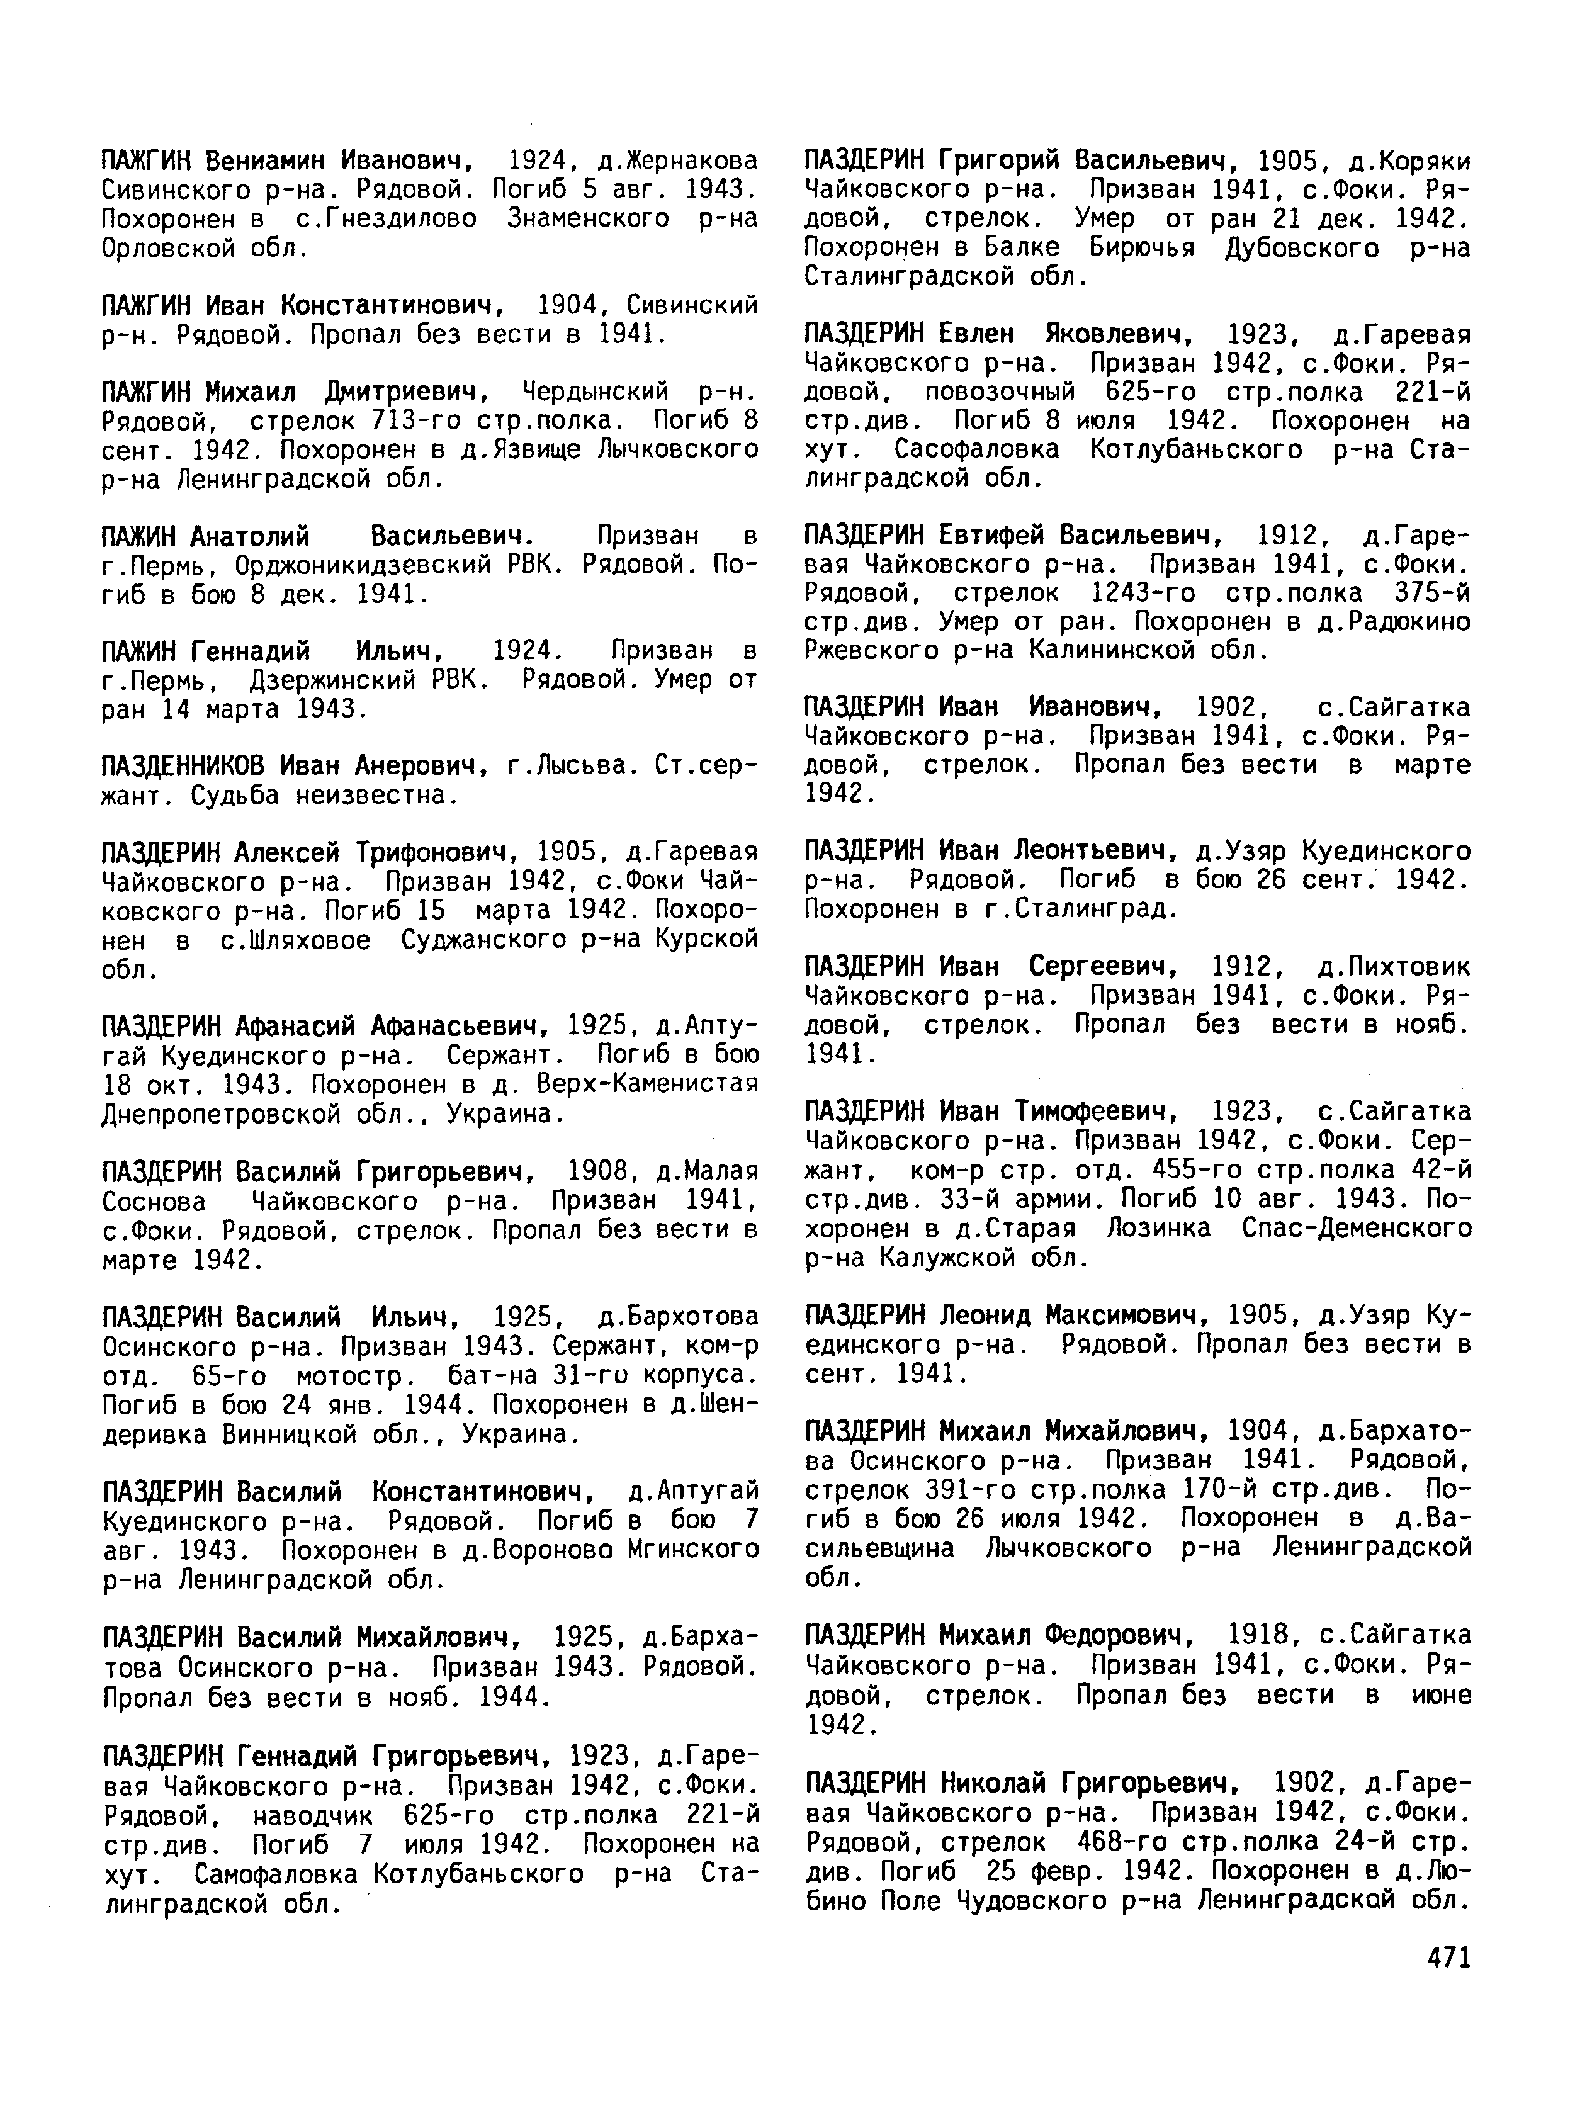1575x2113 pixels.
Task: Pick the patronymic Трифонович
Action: tap(439, 851)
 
